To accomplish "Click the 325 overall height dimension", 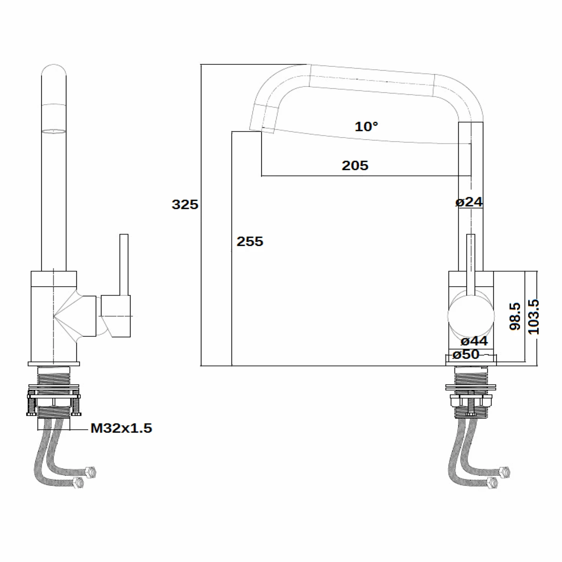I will click(185, 205).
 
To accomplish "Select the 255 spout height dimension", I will click(250, 241).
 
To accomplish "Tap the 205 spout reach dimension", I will click(355, 166).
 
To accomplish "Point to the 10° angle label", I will click(366, 127).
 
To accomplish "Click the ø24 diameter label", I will click(469, 202).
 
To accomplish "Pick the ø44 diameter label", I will click(474, 341).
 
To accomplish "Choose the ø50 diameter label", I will click(466, 354).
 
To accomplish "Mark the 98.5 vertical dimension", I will click(515, 317).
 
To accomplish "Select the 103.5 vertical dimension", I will click(533, 317).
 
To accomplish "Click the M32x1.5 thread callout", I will click(121, 428).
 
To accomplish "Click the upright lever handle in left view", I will click(124, 264).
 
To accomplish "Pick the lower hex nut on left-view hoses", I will click(78, 483).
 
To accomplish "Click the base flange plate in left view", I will click(54, 363).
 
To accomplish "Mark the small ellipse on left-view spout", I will click(54, 131).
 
